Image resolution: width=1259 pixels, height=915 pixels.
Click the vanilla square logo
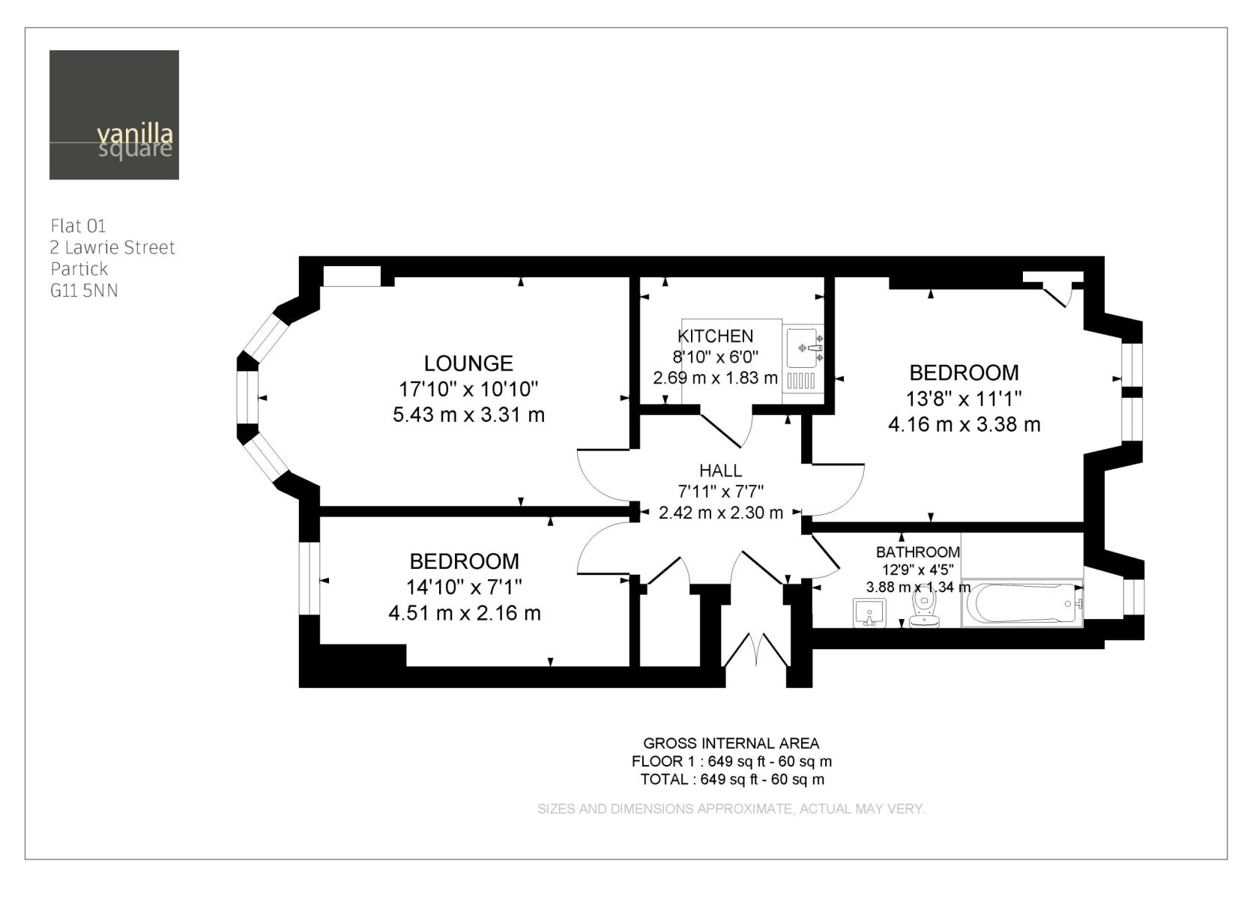tap(114, 115)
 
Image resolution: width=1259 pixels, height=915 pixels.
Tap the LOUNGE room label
tap(468, 363)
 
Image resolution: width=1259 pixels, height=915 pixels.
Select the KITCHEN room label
tap(715, 336)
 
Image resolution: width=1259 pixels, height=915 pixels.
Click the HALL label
tap(721, 470)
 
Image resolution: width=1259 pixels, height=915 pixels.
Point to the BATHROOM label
tap(918, 552)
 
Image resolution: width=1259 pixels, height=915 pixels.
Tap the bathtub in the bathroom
tap(1022, 603)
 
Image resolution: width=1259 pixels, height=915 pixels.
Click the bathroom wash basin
tap(869, 613)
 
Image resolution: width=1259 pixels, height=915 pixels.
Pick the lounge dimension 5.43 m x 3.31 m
tap(469, 415)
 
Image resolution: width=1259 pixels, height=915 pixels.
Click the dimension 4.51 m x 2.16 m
tap(465, 613)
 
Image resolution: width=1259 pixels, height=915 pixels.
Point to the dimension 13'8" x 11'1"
tap(964, 399)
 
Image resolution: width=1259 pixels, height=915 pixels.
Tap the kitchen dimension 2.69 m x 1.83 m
tap(716, 378)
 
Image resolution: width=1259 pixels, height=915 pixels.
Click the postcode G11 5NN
tap(84, 291)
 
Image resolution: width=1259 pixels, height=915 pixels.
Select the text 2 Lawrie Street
tap(112, 247)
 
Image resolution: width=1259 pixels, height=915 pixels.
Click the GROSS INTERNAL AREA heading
tap(731, 743)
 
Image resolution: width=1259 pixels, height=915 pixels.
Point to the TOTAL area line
tap(732, 779)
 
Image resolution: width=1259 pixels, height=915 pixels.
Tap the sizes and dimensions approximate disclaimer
tap(731, 809)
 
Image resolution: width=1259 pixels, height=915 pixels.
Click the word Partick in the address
tap(79, 268)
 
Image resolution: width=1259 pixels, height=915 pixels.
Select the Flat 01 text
tap(78, 226)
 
